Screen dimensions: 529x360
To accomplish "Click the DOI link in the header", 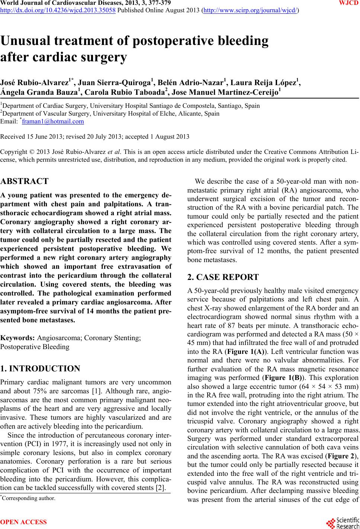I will point(58,10).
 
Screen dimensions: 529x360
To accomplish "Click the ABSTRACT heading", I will point(25,181).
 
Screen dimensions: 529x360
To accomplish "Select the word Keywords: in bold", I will point(18,338).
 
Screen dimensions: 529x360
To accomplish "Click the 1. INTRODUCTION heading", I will point(40,369).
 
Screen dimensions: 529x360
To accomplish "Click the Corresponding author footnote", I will point(28,498).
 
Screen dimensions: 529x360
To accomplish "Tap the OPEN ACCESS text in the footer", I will point(24,522).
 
